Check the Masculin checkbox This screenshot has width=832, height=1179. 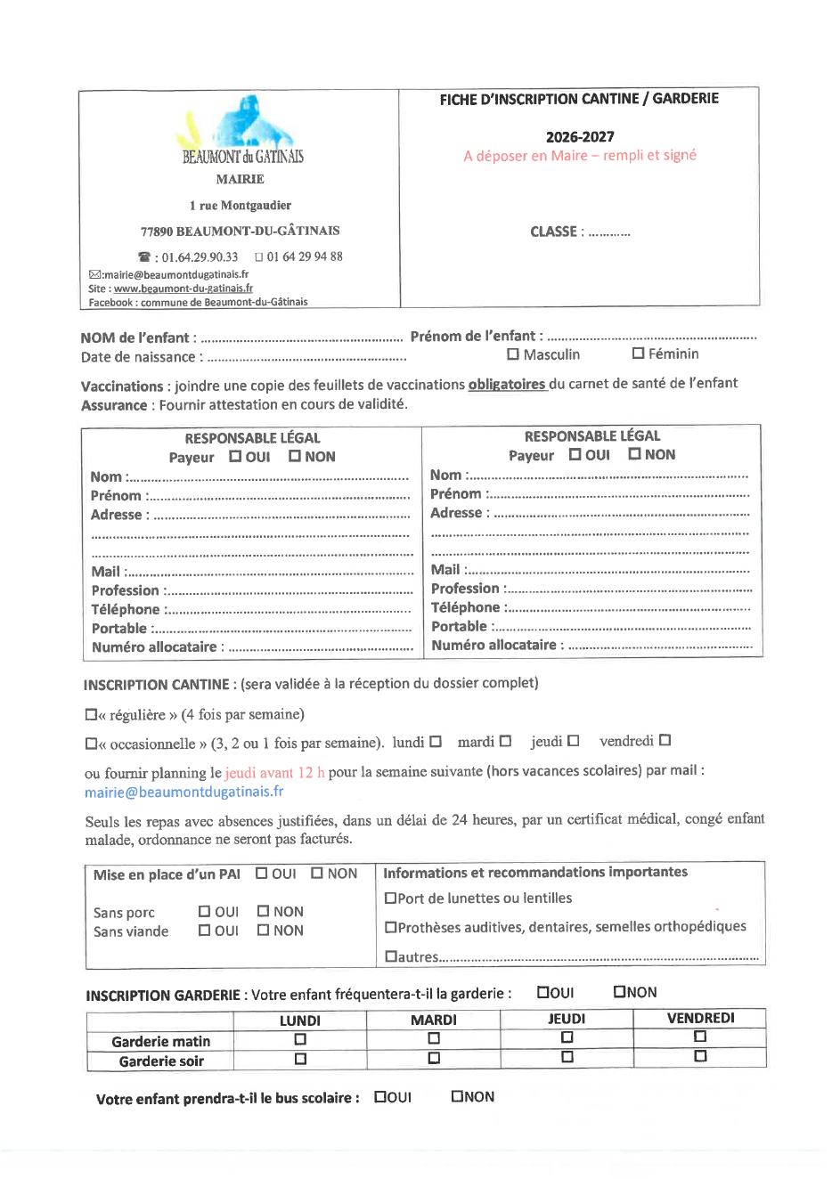(x=513, y=354)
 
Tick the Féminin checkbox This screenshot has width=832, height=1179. (x=638, y=353)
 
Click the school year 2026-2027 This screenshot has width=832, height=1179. (x=580, y=137)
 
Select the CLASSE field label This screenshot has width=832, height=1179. (x=556, y=232)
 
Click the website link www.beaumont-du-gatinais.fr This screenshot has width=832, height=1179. (x=184, y=289)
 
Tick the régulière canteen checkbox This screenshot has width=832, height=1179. (x=91, y=714)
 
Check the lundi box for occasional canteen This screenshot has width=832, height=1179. (x=436, y=741)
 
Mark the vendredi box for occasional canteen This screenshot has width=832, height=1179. (x=665, y=740)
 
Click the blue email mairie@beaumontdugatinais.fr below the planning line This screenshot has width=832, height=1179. (x=184, y=792)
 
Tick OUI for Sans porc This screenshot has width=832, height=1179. (x=204, y=911)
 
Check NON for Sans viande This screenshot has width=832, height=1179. (x=263, y=930)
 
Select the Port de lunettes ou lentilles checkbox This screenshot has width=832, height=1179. (x=390, y=898)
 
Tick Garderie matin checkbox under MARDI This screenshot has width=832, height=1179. (x=434, y=1038)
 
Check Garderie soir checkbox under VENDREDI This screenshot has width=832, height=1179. (x=700, y=1056)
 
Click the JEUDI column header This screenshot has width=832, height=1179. (x=567, y=1019)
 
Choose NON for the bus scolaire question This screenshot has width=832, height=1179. (x=457, y=1096)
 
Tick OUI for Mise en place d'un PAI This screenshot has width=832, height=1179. (x=262, y=873)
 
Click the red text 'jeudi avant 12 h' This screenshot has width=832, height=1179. (x=274, y=772)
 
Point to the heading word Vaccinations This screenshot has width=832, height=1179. (x=122, y=386)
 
